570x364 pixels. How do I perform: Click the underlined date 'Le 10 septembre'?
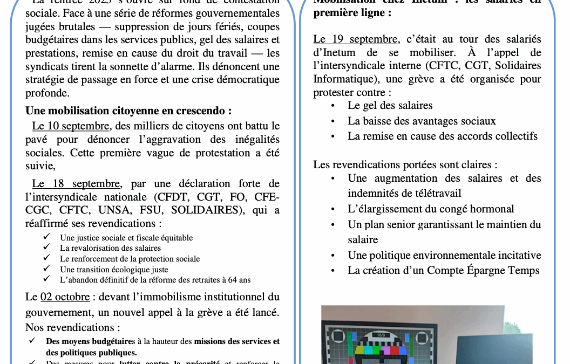tap(71, 126)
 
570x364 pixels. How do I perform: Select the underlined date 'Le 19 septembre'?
tap(356, 39)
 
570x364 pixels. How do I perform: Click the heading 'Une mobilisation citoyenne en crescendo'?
tap(128, 111)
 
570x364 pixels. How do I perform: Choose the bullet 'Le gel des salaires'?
tap(390, 105)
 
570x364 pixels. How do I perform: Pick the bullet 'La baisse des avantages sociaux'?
tap(422, 121)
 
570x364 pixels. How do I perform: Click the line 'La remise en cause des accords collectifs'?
tap(443, 136)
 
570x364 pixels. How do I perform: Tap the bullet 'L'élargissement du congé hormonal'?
tap(431, 209)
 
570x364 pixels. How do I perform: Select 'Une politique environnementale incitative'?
tap(444, 255)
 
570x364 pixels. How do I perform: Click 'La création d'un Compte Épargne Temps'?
tap(444, 270)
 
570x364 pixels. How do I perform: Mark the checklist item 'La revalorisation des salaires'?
tap(110, 248)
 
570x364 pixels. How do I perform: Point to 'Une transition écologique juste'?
tap(114, 269)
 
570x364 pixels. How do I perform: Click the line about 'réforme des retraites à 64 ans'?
tap(155, 279)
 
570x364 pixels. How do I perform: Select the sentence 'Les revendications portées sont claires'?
tap(405, 164)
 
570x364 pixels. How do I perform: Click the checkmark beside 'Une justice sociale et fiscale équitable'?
tap(47, 237)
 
